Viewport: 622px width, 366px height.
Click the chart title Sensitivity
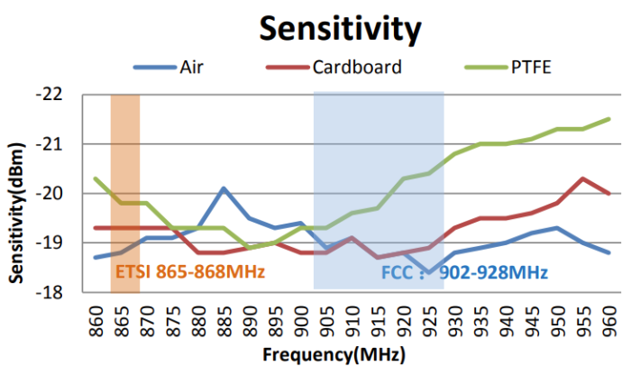point(340,28)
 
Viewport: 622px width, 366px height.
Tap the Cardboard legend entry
point(357,66)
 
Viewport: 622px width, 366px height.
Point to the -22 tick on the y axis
point(54,95)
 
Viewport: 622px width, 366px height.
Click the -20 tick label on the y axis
point(54,194)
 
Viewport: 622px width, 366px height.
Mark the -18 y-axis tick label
point(54,292)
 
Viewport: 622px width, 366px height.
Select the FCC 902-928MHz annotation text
point(464,270)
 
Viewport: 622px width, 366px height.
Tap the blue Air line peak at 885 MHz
point(224,188)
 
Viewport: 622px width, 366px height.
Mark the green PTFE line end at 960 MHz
point(608,119)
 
